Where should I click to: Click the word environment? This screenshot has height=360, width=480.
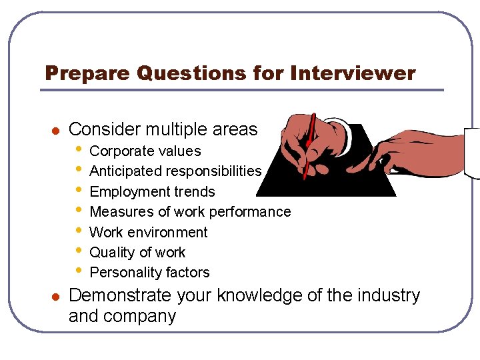click(x=167, y=233)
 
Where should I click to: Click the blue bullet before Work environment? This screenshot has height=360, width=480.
click(x=79, y=230)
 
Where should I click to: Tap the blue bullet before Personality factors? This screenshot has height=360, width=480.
click(x=79, y=271)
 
